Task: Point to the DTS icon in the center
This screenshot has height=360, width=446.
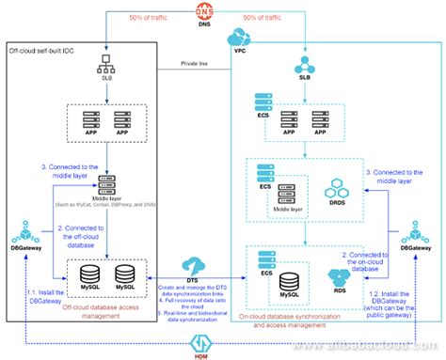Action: [196, 266]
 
